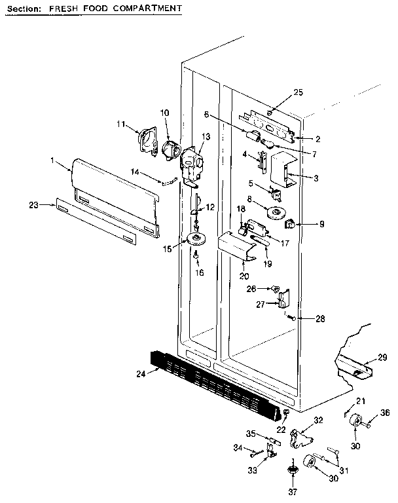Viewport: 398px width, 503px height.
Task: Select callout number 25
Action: point(298,92)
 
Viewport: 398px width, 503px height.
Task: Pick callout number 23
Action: point(34,205)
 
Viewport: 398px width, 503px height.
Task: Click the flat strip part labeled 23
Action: point(97,223)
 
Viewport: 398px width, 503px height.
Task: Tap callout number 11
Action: point(120,123)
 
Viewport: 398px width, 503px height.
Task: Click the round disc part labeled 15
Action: point(196,238)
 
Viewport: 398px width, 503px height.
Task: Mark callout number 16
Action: point(200,272)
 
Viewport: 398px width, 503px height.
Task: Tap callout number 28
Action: point(320,319)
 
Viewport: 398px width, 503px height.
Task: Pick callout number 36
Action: point(385,413)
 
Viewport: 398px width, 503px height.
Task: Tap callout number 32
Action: point(318,420)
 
